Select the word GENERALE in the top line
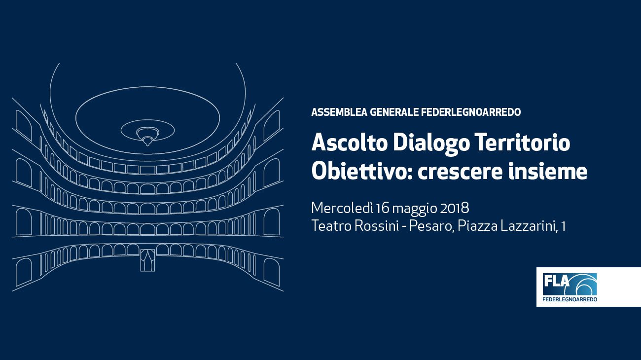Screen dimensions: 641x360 tap(394, 112)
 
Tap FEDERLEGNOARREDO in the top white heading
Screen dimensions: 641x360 tap(471, 112)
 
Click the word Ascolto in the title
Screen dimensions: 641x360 tap(350, 143)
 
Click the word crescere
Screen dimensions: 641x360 tap(460, 173)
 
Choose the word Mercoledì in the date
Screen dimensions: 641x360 tap(342, 208)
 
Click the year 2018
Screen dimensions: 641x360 tap(455, 208)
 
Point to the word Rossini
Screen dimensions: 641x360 tap(377, 226)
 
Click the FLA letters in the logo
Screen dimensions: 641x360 tap(556, 281)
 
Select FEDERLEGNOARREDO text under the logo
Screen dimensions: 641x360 tap(570, 299)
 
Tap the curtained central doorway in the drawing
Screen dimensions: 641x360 tap(147, 260)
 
